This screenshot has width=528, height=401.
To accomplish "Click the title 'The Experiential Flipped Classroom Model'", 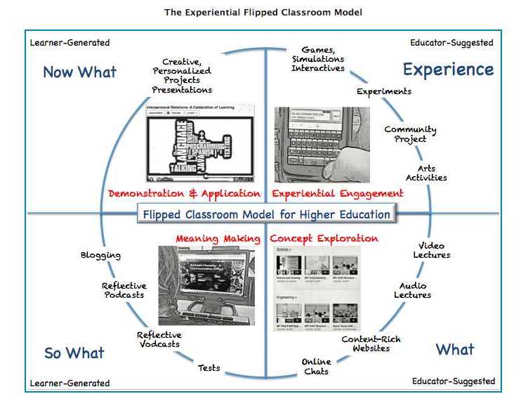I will (x=263, y=13).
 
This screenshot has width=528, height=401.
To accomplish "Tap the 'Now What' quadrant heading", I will (x=79, y=72).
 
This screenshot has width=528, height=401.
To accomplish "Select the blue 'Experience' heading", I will (x=447, y=70).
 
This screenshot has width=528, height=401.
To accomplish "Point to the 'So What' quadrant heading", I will (x=74, y=353).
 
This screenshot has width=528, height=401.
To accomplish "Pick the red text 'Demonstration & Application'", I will (x=185, y=193).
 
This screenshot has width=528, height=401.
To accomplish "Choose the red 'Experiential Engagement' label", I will (x=338, y=193).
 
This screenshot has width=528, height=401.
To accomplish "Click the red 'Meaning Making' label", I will (x=218, y=239).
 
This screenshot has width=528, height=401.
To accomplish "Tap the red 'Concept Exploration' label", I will (x=324, y=239).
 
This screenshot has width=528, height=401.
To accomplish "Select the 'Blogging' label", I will (x=100, y=256).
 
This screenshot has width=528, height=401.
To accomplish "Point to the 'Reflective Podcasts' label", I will (x=124, y=290).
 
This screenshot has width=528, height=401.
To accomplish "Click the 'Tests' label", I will (x=209, y=367).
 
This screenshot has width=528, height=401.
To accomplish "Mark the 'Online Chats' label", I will (x=316, y=367).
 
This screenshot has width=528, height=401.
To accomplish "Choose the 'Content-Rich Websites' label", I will (x=371, y=343).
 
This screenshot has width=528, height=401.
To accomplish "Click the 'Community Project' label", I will (x=410, y=134).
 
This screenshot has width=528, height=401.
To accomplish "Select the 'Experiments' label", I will (x=384, y=91).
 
